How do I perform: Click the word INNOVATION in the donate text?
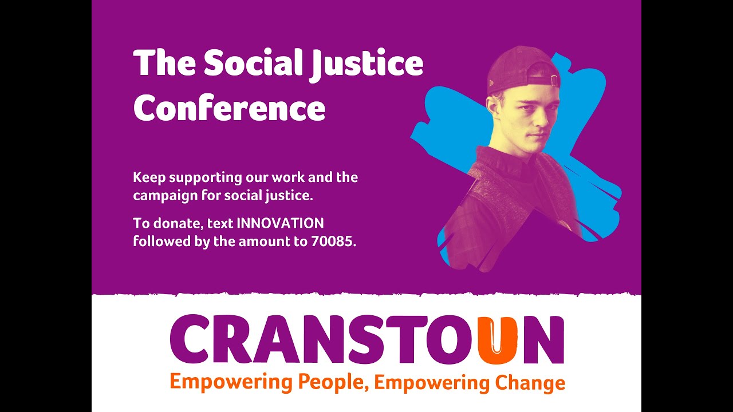coord(280,223)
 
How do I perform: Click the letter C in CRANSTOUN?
coord(189,341)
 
